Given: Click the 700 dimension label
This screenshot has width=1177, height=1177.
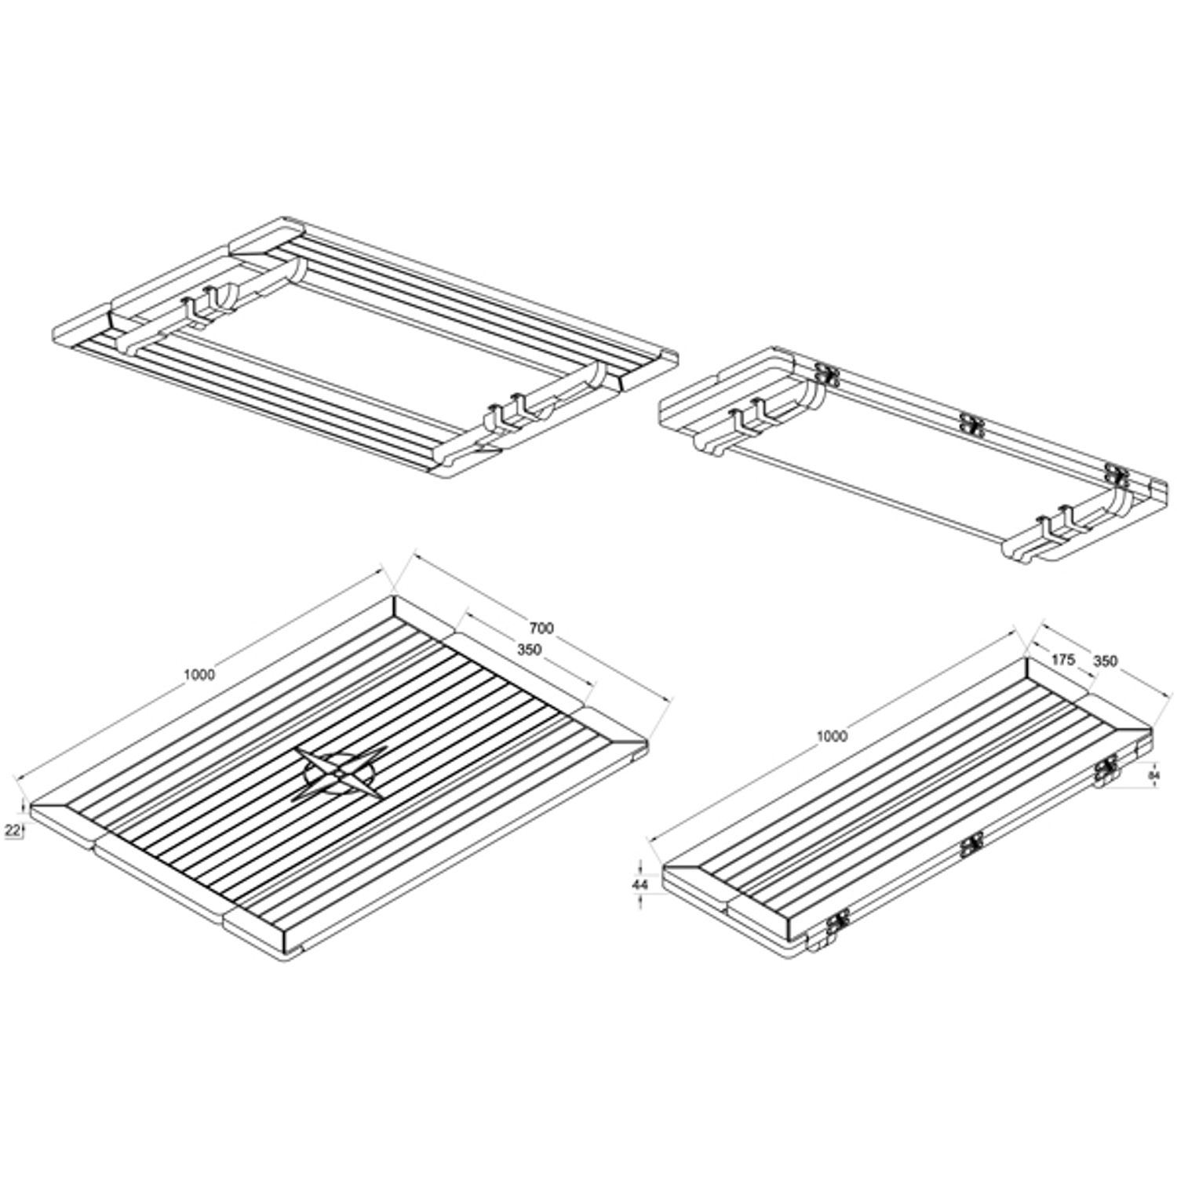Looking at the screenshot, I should pos(541,628).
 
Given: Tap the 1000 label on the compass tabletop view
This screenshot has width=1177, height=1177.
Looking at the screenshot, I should pos(199,675).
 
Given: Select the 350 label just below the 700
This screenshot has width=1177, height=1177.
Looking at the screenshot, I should pos(529,650).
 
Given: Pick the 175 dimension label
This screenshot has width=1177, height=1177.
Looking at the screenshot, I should pos(1062,660).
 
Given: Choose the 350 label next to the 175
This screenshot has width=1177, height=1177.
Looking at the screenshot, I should pos(1104,661).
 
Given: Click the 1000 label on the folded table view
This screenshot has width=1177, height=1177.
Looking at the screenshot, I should pos(832,736).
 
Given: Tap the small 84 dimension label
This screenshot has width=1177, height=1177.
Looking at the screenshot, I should pos(1153,775).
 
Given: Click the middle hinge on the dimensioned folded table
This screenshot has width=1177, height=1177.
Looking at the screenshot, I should pos(971,845).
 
